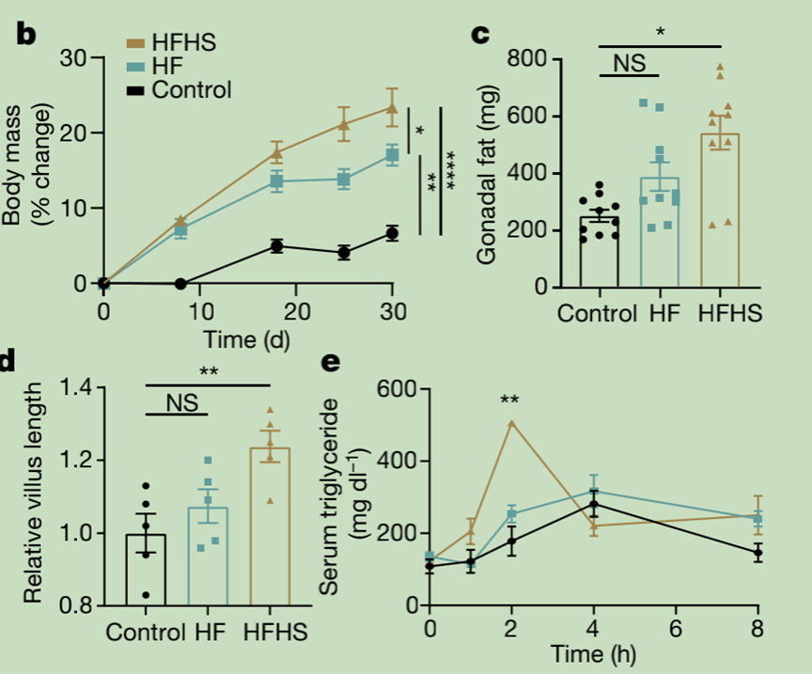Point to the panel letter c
pos(479,35)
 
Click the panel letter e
pos(330,362)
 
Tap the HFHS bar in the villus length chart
pos(270,526)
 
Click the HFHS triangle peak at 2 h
pos(511,423)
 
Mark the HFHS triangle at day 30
pos(392,108)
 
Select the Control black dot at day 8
pos(180,283)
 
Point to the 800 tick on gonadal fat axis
pos(530,59)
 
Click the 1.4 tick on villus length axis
pos(80,387)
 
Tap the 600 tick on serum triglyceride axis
pos(396,387)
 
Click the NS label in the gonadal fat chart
pos(629,63)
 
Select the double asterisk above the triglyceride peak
pos(510,400)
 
